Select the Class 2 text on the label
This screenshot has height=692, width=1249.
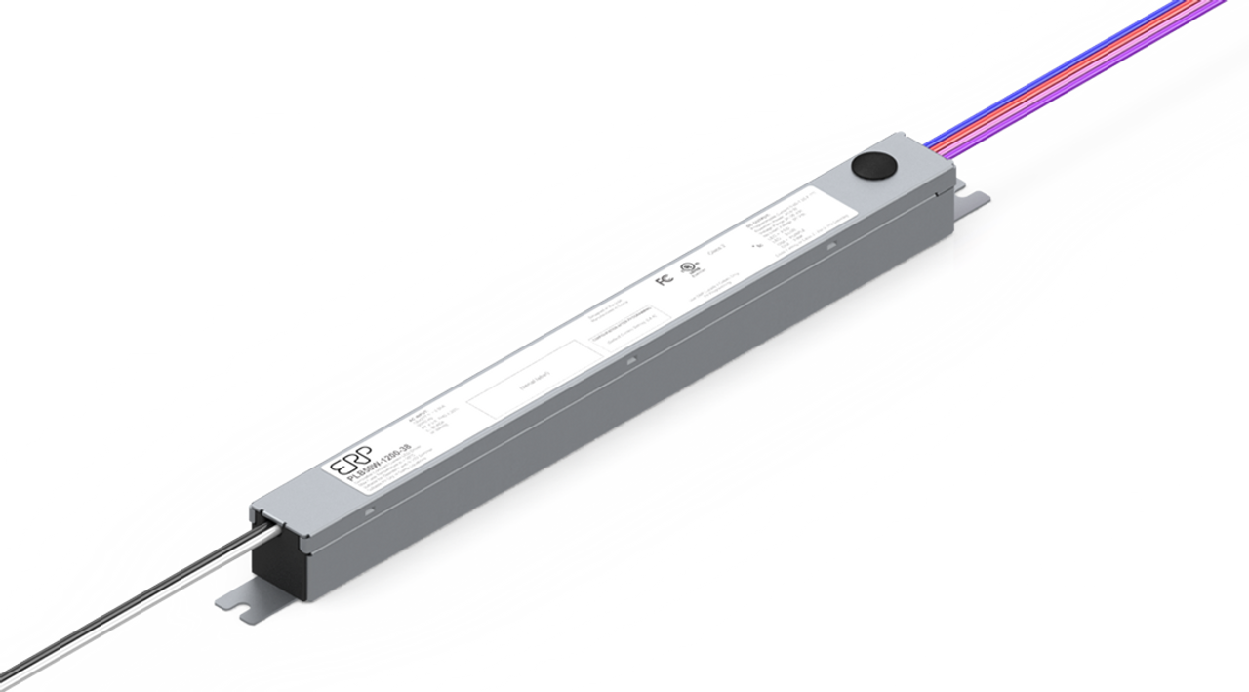(x=717, y=251)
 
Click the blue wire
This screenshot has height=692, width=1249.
(x=1073, y=68)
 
